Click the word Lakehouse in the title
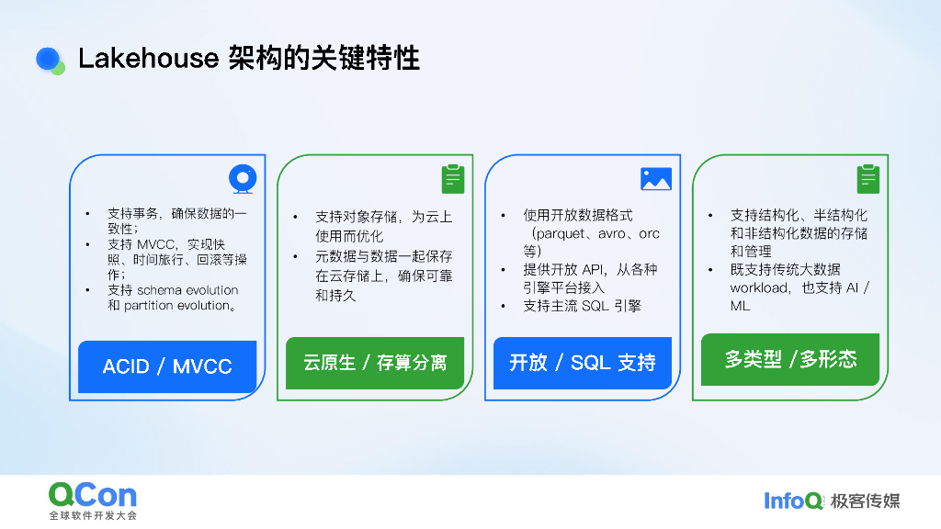(144, 60)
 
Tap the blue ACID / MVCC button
(167, 366)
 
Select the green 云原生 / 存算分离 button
(375, 362)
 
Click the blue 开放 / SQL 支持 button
(583, 362)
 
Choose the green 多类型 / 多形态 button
(790, 359)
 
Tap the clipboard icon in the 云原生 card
(452, 178)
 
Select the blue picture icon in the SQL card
(656, 178)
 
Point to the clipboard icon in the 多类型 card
(868, 178)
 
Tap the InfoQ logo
(794, 501)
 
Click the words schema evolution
(187, 290)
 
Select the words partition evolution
(176, 305)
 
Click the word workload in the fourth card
(759, 287)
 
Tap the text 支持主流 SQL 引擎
(582, 306)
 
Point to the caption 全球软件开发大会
(93, 516)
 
